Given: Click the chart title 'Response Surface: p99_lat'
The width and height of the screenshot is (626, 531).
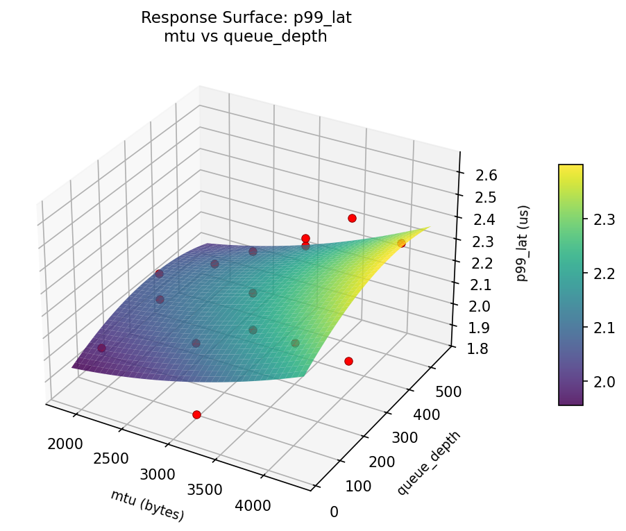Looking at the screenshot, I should [246, 18].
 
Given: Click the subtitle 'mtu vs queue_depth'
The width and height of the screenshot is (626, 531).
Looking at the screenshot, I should [246, 37].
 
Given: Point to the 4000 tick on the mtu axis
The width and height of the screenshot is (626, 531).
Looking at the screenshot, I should [253, 506].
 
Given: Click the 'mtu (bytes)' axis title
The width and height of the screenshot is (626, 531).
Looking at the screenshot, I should [147, 505].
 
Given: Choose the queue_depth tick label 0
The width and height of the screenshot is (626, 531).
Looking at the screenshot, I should [334, 512].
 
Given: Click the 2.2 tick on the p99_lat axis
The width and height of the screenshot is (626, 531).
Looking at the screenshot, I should [487, 263].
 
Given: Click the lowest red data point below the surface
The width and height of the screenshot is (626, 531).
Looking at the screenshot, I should [196, 414].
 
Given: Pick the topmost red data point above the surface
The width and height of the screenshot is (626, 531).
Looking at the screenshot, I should [352, 218].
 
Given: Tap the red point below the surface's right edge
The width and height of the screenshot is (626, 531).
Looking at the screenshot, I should [348, 361].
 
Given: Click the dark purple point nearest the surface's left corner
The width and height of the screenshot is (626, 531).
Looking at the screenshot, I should [101, 348].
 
